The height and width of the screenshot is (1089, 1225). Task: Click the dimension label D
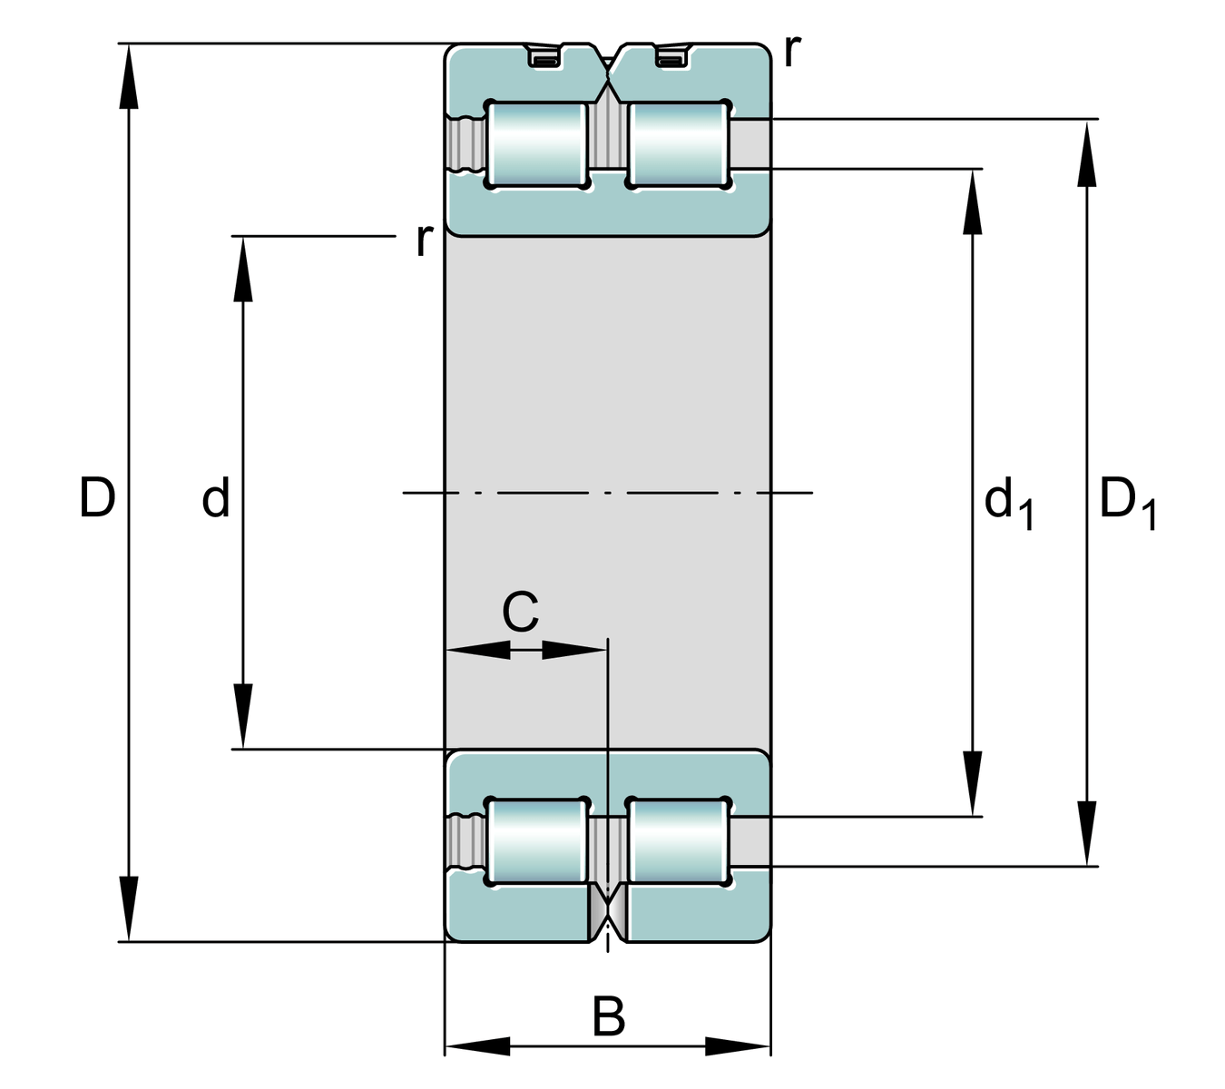(97, 497)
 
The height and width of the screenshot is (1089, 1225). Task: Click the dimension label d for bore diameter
(216, 498)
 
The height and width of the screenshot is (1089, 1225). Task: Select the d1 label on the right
(1008, 503)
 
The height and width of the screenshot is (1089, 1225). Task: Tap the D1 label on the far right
(1127, 503)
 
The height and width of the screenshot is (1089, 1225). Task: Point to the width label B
(609, 1016)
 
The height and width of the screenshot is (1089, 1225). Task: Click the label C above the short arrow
(520, 612)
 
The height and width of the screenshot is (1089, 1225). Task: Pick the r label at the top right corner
(792, 51)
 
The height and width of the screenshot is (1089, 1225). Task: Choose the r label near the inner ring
(424, 240)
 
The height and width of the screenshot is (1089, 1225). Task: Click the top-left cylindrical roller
(537, 145)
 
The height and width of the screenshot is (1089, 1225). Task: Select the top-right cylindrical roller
(679, 145)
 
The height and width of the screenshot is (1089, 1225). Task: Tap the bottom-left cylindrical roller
(537, 841)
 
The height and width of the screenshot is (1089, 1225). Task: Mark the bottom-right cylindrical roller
(679, 841)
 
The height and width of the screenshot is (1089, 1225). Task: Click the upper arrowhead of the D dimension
(130, 76)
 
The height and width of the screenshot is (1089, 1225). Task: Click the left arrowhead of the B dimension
(477, 1046)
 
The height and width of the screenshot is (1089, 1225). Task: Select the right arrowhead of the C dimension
(573, 650)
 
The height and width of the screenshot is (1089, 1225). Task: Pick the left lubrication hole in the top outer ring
(544, 59)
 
